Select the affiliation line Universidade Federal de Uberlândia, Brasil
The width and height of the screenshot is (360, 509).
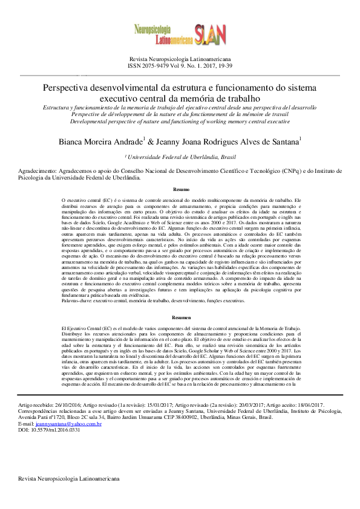pyautogui.click(x=180, y=157)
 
